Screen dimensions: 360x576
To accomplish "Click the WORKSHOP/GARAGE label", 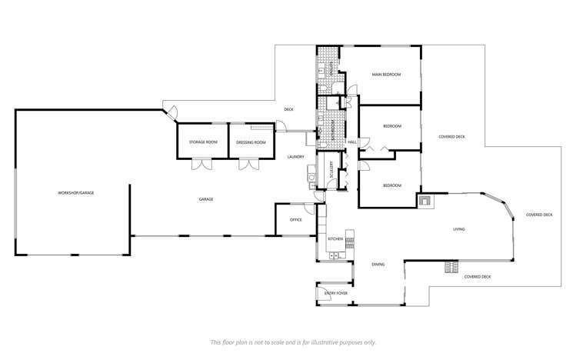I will [x=75, y=192].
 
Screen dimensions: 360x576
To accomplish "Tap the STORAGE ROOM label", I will [x=202, y=142].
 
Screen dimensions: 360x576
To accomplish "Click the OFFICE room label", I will [x=295, y=220].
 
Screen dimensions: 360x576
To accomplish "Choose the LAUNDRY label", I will [x=296, y=157].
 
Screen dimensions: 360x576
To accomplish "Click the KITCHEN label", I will [x=335, y=239].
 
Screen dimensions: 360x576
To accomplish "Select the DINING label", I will [x=378, y=265].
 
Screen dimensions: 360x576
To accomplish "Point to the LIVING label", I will [x=458, y=228].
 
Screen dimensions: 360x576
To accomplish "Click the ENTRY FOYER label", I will [x=335, y=293].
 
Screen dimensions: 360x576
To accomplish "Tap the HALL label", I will [x=352, y=142].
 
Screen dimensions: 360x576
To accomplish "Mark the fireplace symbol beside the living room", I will [x=425, y=202].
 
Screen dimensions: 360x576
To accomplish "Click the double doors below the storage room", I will [x=202, y=163].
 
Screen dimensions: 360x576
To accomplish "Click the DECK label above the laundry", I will [x=288, y=109].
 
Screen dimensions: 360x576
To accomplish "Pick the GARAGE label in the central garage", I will [x=206, y=199].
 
